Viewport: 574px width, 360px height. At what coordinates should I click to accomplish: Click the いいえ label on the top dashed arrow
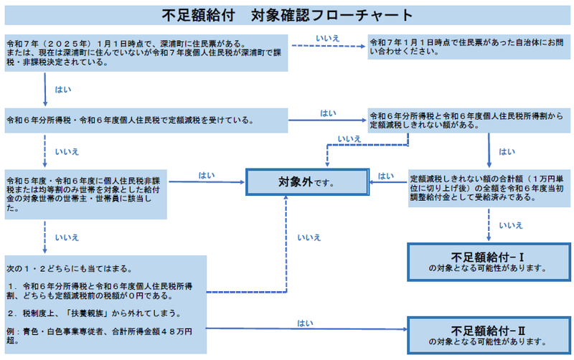coord(327,37)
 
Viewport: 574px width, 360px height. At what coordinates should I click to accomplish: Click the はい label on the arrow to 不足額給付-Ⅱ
coord(304,323)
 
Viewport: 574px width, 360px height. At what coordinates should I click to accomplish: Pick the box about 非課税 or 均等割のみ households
coord(86,191)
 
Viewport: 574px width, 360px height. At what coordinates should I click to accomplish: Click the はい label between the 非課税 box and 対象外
coord(207,175)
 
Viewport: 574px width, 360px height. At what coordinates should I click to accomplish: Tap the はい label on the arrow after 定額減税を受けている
coord(328,113)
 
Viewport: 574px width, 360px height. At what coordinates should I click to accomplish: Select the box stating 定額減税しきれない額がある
coord(470,120)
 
